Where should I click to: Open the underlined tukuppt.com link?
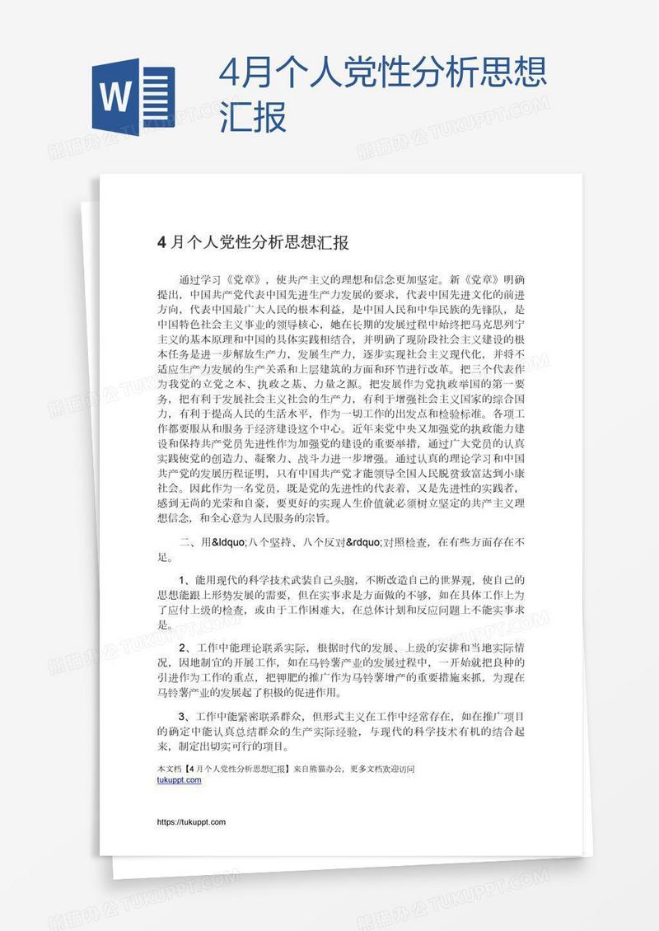pos(179,779)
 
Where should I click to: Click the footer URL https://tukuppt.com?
pos(190,822)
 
